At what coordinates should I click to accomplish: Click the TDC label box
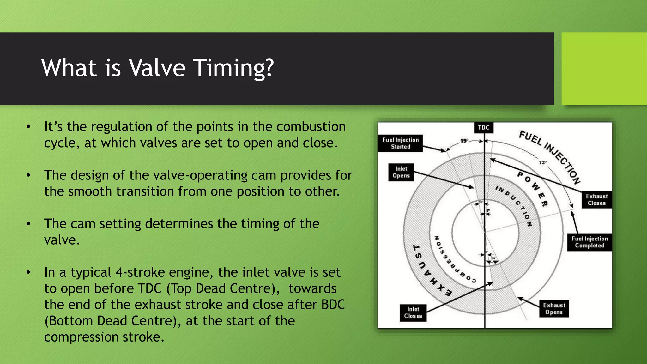pos(483,128)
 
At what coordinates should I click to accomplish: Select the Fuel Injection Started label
pos(400,143)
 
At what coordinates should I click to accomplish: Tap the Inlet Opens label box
pos(401,172)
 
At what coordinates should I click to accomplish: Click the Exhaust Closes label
pos(596,200)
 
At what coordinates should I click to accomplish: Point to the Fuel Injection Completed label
pos(589,242)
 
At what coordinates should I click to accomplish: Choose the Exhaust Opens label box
pos(554,309)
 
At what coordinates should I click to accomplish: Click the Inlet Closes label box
pos(413,313)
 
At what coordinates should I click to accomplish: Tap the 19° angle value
pos(464,141)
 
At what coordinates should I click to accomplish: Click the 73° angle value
pos(542,162)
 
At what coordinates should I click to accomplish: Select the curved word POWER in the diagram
pos(533,188)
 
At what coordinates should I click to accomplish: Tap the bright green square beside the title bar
pos(604,69)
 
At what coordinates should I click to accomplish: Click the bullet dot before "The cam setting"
pos(28,224)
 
